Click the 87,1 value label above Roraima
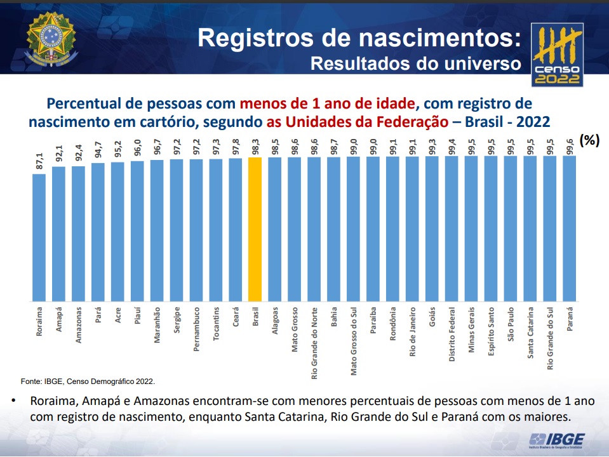tap(39, 162)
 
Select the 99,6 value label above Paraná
tap(570, 145)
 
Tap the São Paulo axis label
tap(511, 325)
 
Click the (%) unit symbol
tap(590, 141)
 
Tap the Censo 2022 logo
tap(557, 55)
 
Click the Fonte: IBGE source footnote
tap(88, 381)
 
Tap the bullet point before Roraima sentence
tap(13, 402)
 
